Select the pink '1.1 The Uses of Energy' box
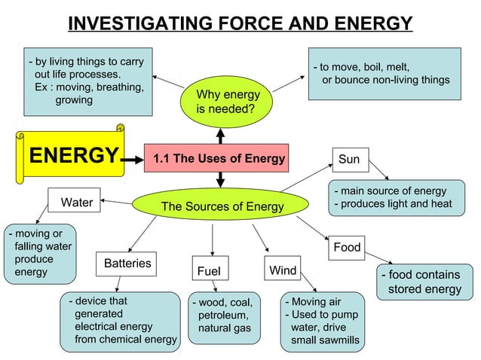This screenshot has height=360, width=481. (x=219, y=158)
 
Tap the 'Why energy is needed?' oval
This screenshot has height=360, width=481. (x=227, y=102)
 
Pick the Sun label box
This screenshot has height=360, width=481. (x=349, y=160)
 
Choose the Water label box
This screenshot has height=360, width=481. (x=76, y=202)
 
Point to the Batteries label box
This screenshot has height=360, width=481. (x=127, y=264)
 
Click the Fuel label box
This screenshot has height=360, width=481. (x=211, y=270)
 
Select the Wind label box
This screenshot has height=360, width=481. (x=283, y=270)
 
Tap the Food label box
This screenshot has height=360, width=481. (x=347, y=247)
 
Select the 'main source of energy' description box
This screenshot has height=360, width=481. (x=392, y=197)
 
